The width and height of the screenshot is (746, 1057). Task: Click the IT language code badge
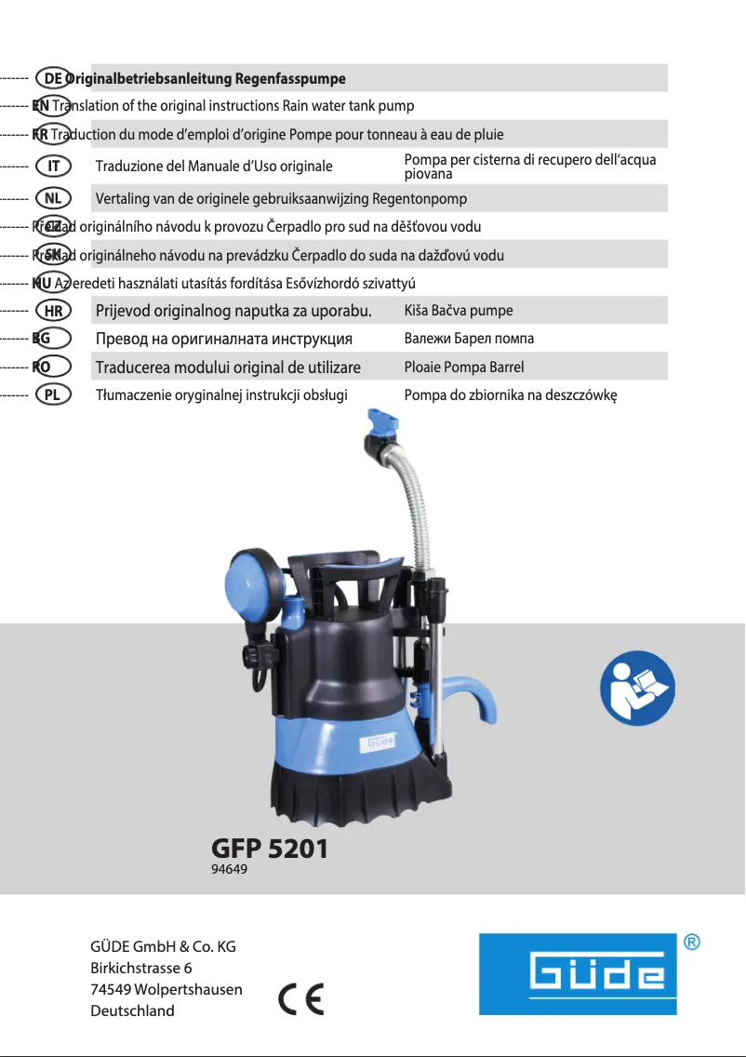point(53,167)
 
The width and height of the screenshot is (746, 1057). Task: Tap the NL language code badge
point(53,198)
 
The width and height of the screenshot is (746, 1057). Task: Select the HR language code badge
point(53,311)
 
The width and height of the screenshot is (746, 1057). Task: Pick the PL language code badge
point(53,395)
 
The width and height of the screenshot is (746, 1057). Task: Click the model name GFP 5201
point(270,848)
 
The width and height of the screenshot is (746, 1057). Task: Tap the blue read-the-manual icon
point(637,688)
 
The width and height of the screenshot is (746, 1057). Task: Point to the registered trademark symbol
point(692,943)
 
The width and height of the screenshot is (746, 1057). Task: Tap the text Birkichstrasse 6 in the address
point(141,968)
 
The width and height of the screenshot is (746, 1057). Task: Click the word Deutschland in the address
point(132,1010)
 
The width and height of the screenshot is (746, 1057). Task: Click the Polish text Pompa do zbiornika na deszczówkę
point(511,395)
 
